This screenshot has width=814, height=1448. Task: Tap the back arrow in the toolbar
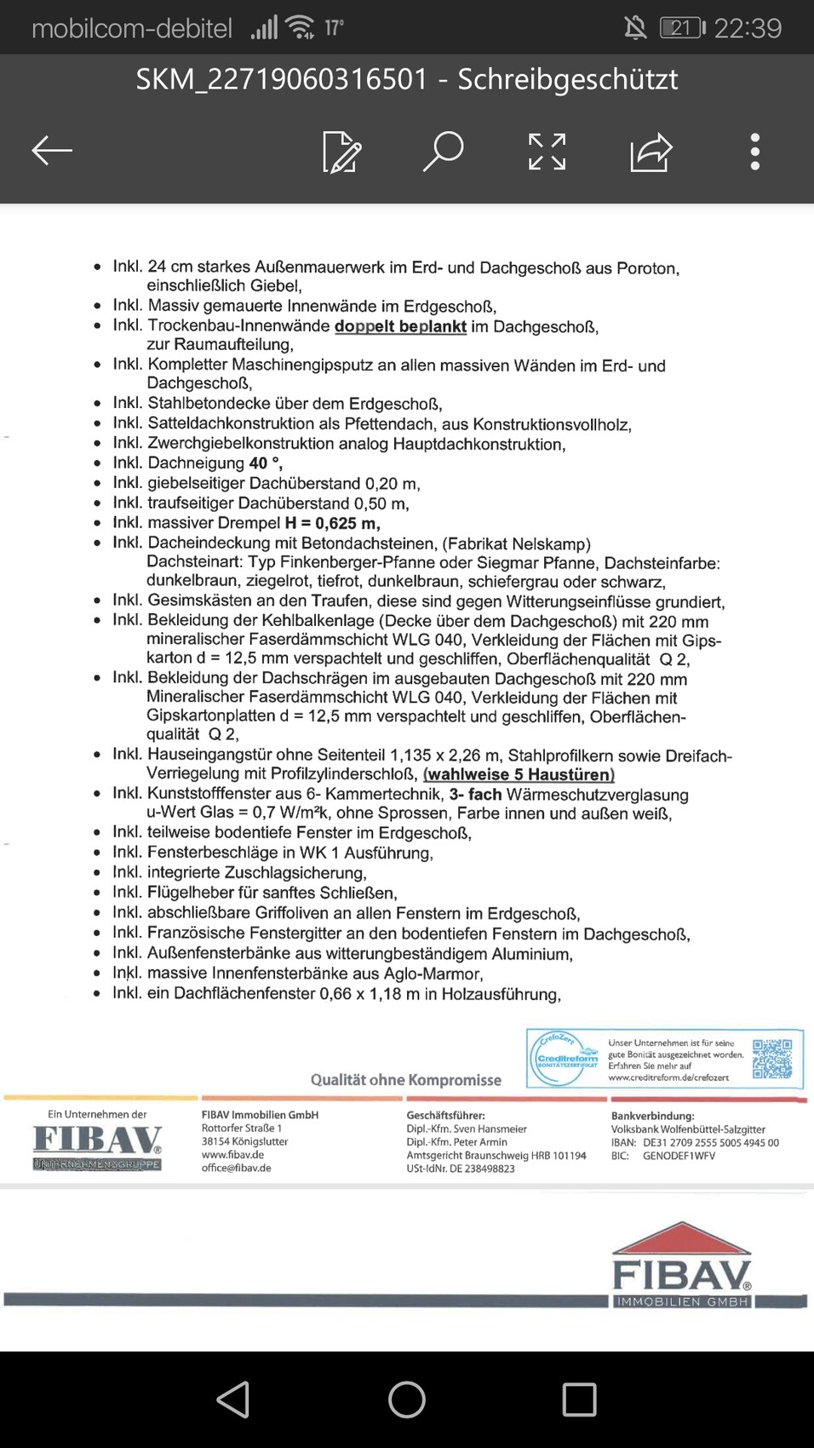[x=52, y=152]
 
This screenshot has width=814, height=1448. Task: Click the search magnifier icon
[x=444, y=152]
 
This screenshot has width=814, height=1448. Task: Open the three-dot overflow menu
[x=754, y=152]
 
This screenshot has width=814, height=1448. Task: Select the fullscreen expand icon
[x=547, y=152]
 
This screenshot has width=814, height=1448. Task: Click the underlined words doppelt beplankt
[x=400, y=326]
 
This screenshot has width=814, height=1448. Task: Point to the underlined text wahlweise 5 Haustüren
[x=519, y=774]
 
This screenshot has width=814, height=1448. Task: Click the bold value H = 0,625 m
[x=332, y=523]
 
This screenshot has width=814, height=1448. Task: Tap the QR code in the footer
[x=772, y=1059]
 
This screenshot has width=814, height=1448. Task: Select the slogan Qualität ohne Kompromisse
[x=405, y=1080]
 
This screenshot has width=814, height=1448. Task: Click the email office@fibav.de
[x=236, y=1168]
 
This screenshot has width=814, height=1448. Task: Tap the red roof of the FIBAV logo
[x=680, y=1239]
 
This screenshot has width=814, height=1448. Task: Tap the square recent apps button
[x=579, y=1399]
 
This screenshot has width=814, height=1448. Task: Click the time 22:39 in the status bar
[x=748, y=28]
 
